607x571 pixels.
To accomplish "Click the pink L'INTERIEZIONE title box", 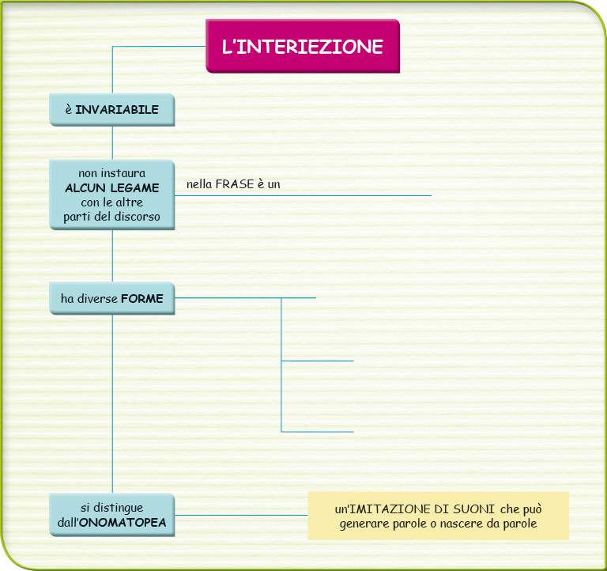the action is [x=303, y=46].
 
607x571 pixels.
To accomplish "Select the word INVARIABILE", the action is [x=117, y=110].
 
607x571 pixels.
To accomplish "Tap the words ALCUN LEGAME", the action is [x=112, y=188].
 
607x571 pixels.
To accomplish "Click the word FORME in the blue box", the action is [x=142, y=299].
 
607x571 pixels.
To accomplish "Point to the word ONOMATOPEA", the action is [x=123, y=522].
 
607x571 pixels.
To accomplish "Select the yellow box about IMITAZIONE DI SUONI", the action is [x=438, y=516].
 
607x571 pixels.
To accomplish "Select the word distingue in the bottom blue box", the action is [x=119, y=508].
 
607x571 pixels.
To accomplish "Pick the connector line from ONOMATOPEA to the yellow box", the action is [x=241, y=515].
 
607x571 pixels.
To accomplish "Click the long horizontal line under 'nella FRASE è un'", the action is [x=303, y=195].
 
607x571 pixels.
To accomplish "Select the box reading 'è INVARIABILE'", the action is [x=112, y=110].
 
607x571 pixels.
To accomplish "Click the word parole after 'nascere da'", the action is [x=520, y=524].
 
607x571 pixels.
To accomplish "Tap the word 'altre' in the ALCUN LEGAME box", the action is [x=130, y=202].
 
